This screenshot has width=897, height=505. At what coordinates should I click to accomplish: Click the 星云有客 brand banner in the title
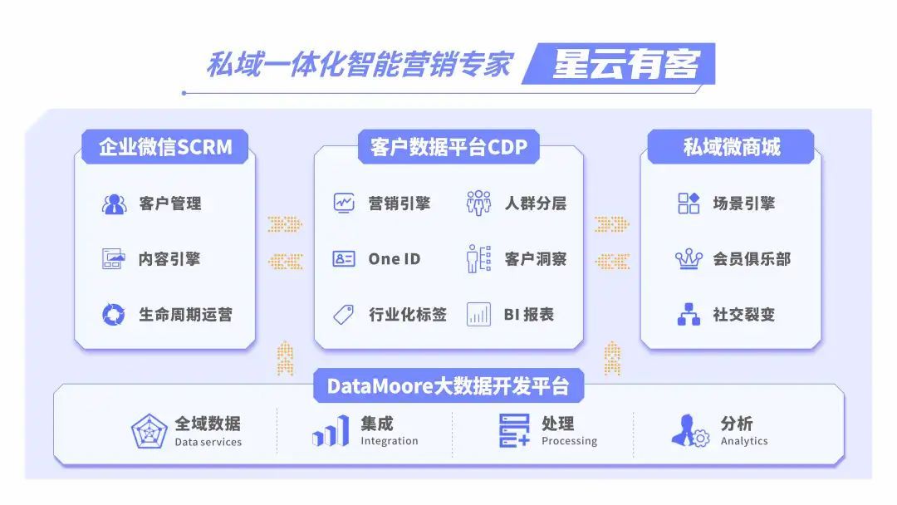(625, 64)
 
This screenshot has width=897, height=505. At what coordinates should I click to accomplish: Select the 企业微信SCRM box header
(165, 148)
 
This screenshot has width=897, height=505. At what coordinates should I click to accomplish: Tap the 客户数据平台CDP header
(448, 148)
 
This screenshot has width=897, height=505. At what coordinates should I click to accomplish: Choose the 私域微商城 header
(731, 148)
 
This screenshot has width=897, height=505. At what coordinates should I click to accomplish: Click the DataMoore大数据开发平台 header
(448, 386)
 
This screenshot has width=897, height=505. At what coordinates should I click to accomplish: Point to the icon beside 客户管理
(114, 203)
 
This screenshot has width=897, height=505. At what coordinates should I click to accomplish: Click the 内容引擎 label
(169, 259)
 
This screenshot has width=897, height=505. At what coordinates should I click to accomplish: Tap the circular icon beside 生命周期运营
(114, 315)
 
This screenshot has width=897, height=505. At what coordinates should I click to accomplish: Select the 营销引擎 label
(399, 203)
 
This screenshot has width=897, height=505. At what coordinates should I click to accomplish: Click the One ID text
(395, 259)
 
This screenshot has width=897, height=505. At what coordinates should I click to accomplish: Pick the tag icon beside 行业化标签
(344, 315)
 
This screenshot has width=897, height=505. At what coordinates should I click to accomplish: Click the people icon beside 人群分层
(478, 203)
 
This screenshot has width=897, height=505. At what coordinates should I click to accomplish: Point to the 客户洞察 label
(536, 259)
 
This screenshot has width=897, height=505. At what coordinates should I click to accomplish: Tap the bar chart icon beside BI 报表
(478, 315)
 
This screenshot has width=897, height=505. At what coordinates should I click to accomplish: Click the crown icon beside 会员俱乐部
(689, 259)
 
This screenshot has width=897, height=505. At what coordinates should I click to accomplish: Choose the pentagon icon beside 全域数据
(149, 432)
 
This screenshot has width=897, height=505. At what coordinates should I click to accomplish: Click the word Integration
(389, 441)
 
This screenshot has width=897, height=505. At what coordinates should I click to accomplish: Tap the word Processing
(569, 441)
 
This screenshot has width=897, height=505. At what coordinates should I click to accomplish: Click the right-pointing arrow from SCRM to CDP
(285, 224)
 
